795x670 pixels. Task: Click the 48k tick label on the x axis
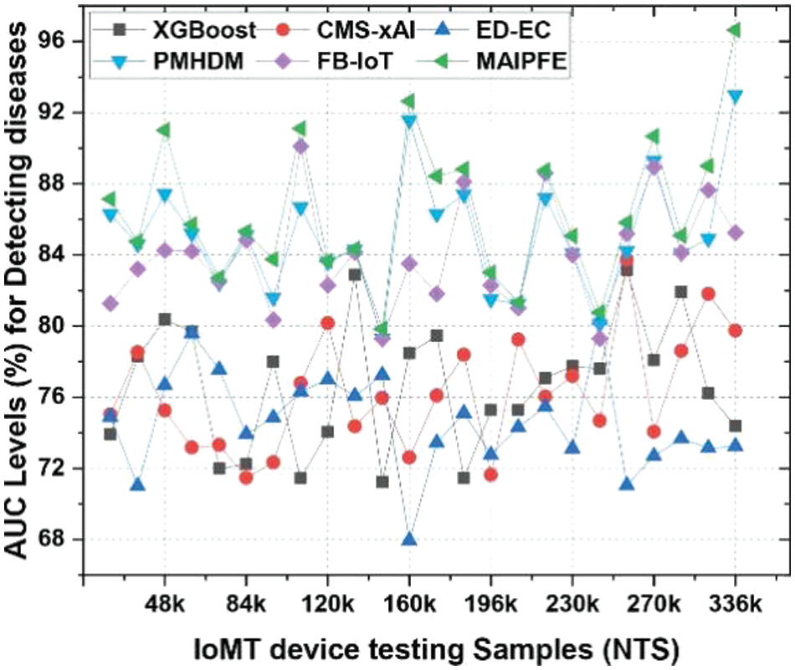165,604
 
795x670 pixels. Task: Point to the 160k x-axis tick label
409,604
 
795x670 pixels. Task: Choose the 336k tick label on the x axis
736,604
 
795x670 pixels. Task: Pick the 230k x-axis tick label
572,604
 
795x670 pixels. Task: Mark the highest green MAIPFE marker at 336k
734,30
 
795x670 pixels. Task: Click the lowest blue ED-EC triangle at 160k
409,539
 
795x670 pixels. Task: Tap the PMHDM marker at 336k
736,96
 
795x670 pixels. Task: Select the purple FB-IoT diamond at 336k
736,233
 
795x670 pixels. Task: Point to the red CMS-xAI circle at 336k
736,330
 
